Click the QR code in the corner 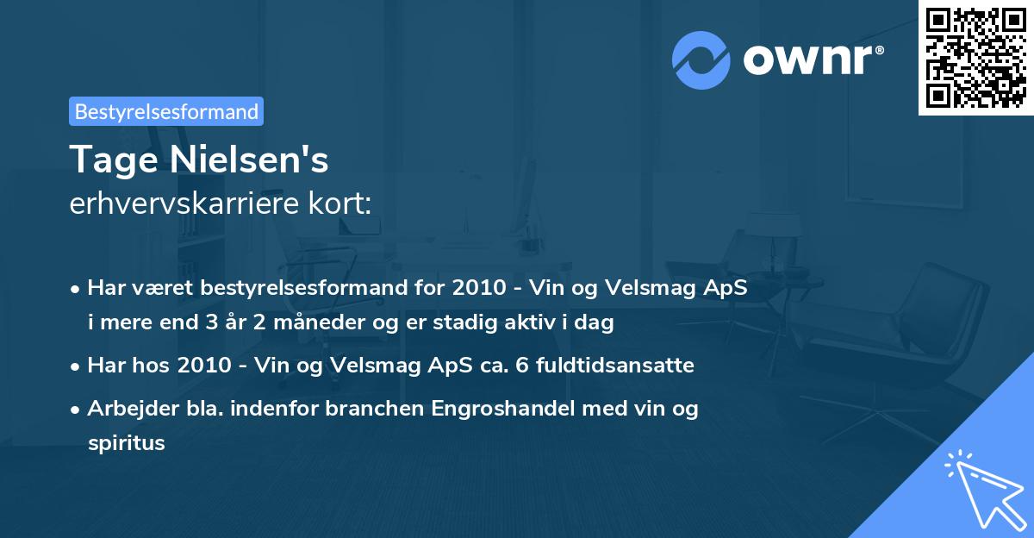[x=975, y=57]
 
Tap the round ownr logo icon [x=701, y=59]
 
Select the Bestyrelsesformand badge [x=166, y=111]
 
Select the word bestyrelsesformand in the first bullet [x=281, y=288]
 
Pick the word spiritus [x=126, y=443]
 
